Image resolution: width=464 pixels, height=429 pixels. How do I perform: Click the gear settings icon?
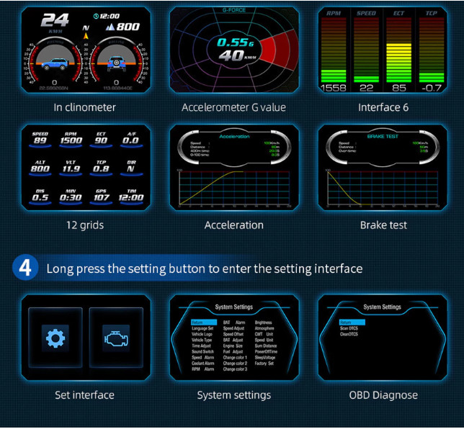[54, 338]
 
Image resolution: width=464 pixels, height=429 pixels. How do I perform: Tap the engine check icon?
[115, 338]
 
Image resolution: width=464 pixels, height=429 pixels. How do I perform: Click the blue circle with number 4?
[24, 268]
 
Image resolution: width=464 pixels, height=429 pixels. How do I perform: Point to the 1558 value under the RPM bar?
[333, 88]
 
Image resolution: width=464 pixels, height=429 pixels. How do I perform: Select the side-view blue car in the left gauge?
[55, 64]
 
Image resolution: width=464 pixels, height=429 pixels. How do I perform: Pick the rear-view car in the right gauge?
[115, 64]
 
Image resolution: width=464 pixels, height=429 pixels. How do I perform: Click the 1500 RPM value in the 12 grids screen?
[72, 141]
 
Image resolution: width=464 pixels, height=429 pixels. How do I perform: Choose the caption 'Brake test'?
[383, 225]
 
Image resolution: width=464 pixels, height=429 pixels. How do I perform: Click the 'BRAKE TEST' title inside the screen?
[383, 135]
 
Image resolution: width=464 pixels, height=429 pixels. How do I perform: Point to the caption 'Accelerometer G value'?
[233, 107]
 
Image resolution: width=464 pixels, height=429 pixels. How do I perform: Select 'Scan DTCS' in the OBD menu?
[349, 328]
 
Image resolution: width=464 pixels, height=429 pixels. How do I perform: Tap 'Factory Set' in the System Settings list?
[264, 363]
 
